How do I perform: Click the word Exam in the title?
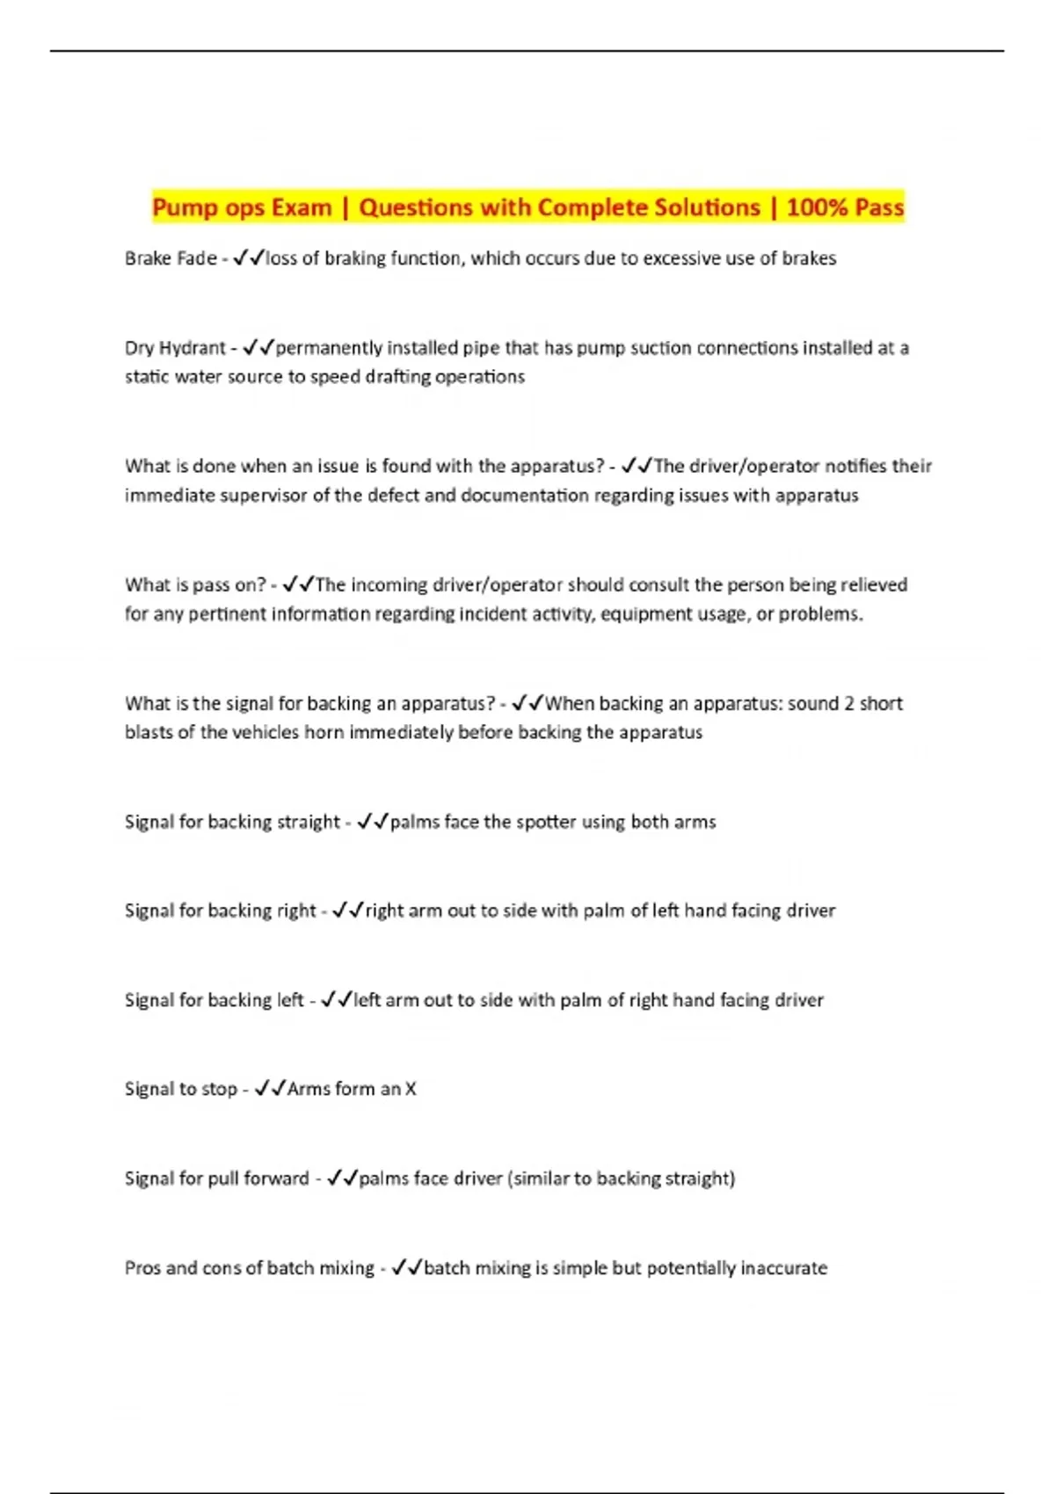[302, 207]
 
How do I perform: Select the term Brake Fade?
[171, 258]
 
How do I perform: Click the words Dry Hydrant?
[175, 348]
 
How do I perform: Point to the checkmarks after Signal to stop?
[270, 1090]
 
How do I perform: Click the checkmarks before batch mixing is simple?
[407, 1268]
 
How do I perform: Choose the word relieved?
[874, 585]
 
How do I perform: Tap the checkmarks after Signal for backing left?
[337, 1000]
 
